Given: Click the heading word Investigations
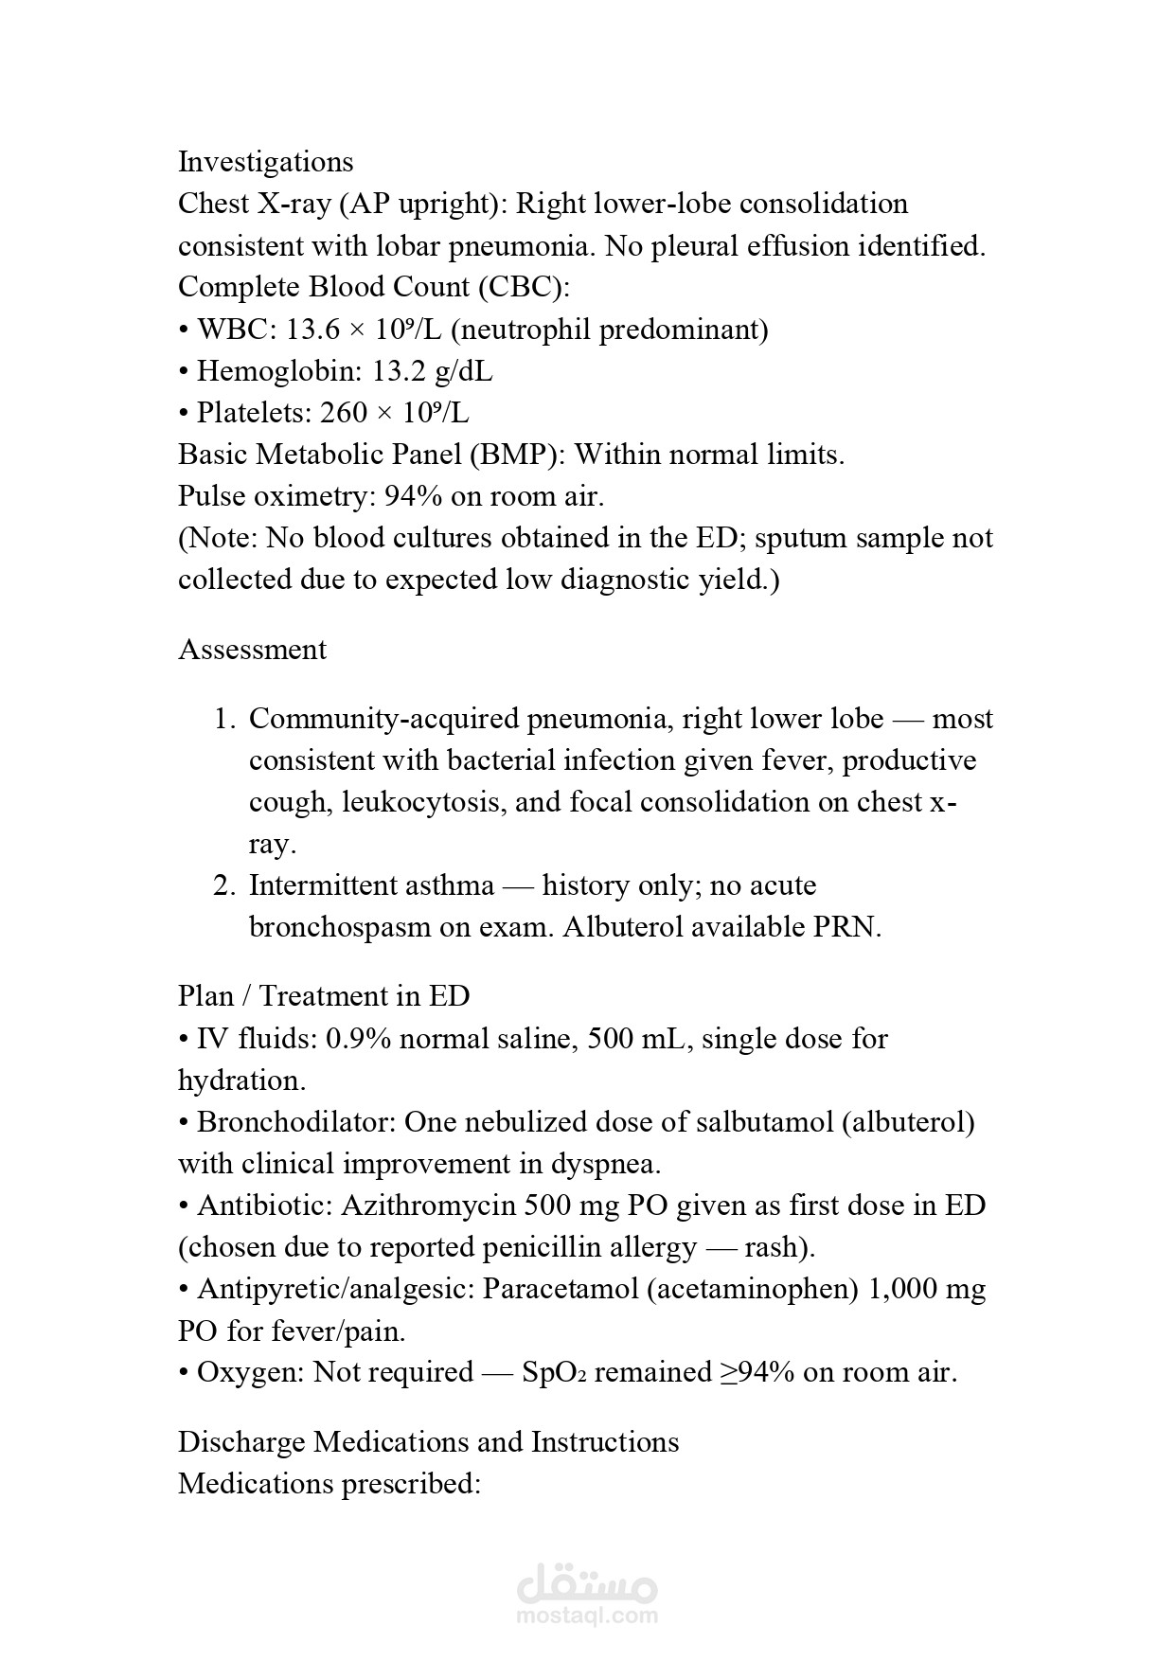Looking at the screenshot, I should [265, 162].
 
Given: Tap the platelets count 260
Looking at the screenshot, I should [340, 413].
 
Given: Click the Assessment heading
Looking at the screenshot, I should [252, 650].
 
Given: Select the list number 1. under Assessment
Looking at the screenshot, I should [223, 719].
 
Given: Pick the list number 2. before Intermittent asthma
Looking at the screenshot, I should [223, 885].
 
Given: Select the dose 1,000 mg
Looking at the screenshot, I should [926, 1289].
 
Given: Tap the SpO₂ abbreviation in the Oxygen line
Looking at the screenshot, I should [554, 1373].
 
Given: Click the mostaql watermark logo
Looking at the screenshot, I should [588, 1593].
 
